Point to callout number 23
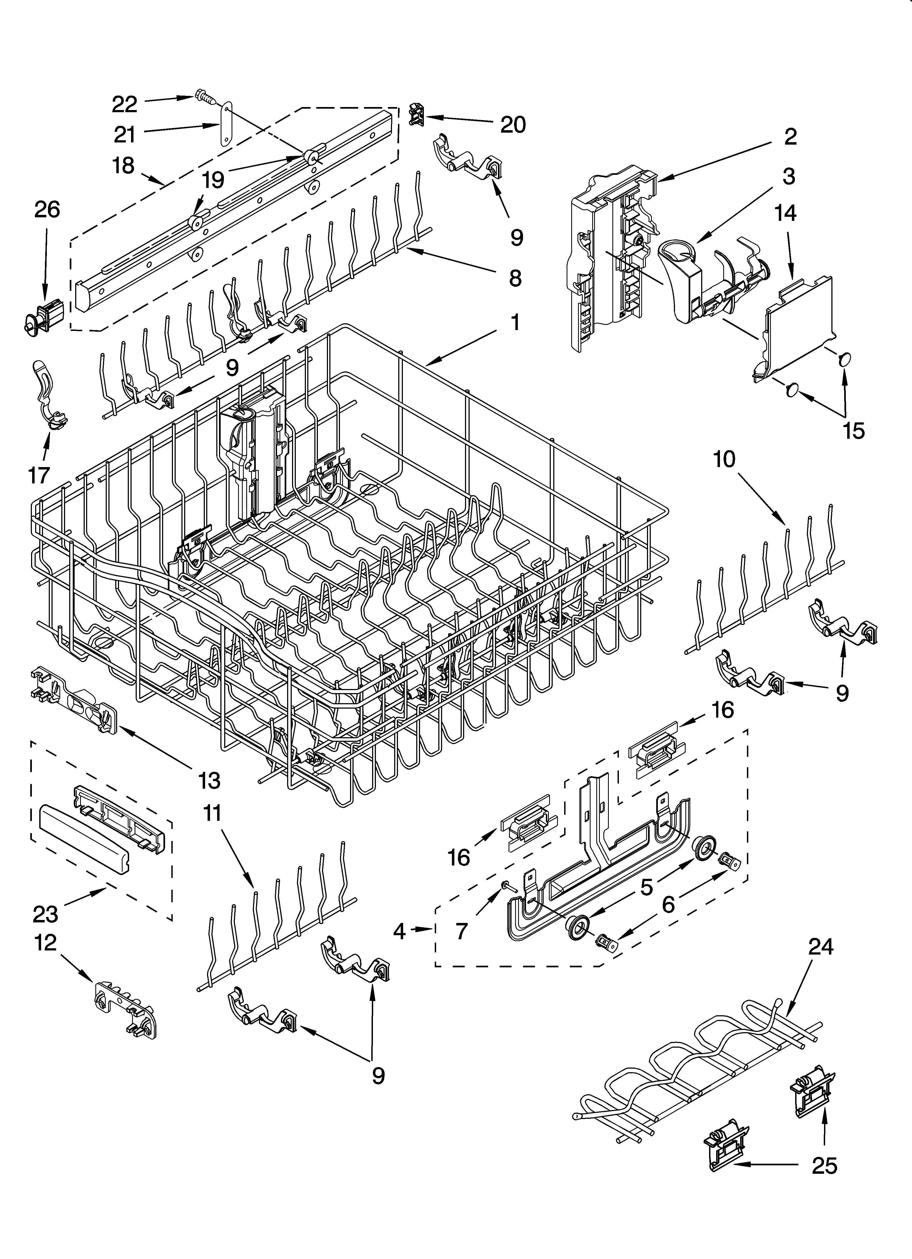[x=45, y=914]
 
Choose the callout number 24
[x=821, y=946]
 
